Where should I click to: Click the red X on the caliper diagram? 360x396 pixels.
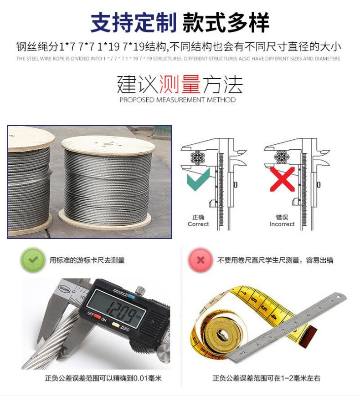(x=282, y=178)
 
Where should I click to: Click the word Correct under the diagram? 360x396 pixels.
(x=198, y=224)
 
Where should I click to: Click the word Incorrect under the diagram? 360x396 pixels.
(x=282, y=224)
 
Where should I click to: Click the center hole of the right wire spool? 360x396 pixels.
(x=108, y=145)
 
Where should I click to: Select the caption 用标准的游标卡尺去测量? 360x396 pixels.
(x=87, y=260)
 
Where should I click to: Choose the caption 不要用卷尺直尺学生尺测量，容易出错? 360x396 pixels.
(x=275, y=260)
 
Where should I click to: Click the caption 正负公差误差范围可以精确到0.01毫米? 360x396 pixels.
(x=103, y=378)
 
